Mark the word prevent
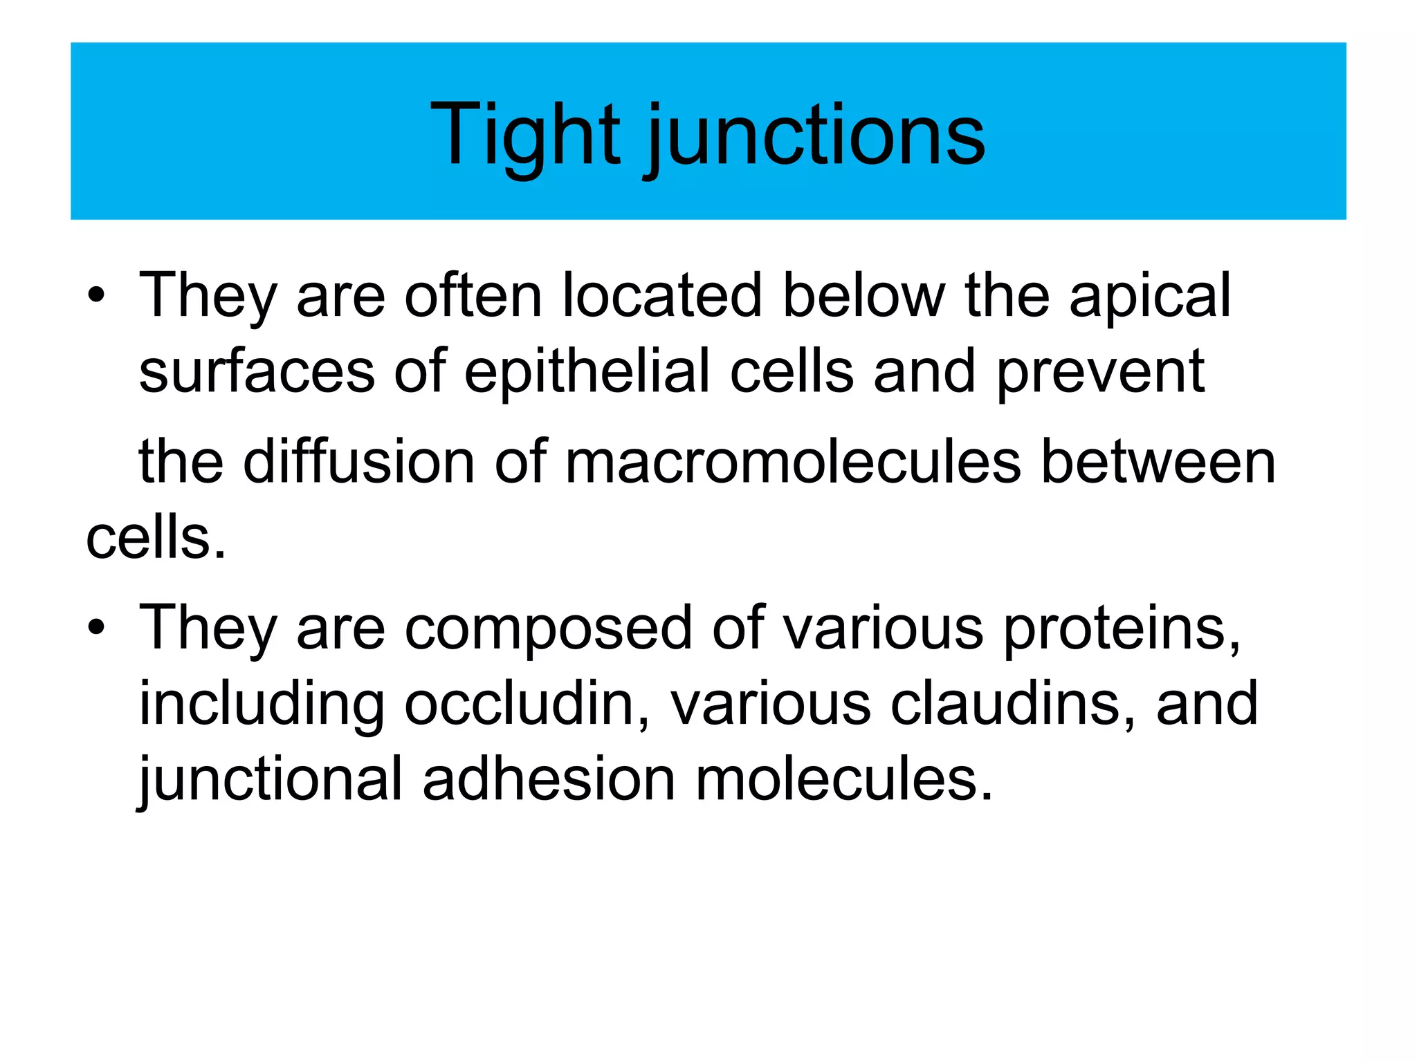(x=1101, y=373)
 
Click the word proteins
(x=1122, y=630)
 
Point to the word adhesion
(x=549, y=780)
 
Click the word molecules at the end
(x=843, y=780)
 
